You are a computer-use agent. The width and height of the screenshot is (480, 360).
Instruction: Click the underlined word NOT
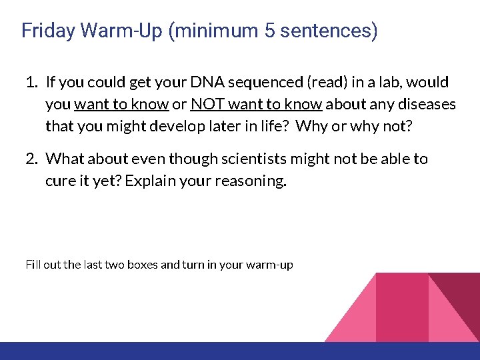point(206,105)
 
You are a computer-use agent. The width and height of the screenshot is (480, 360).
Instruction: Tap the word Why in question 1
point(311,126)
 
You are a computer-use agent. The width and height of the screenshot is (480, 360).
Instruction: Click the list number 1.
point(31,83)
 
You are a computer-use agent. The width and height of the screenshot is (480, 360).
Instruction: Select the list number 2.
point(31,159)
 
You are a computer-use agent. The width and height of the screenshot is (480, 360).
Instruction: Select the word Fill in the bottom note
point(32,265)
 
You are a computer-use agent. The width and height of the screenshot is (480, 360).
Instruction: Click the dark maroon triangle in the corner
point(463,300)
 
